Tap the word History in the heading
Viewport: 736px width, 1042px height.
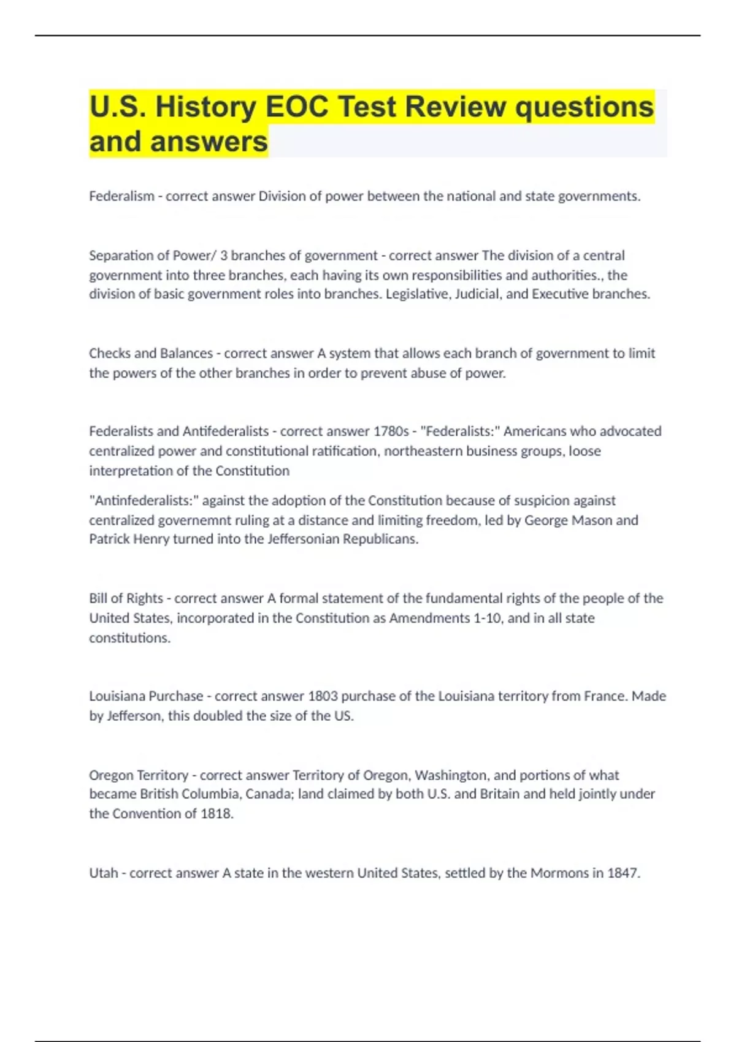205,107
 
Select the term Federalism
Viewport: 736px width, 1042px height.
121,196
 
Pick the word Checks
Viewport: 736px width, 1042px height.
108,353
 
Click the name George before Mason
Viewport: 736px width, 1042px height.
548,520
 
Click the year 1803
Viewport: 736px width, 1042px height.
323,696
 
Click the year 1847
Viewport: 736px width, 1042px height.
623,873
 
